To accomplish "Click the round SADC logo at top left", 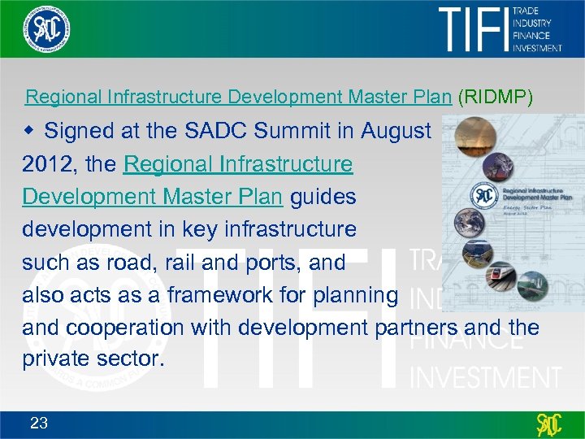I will (x=46, y=28).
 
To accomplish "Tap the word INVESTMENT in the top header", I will (x=537, y=47).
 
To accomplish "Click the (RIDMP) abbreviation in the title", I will (x=496, y=98).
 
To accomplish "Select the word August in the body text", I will (x=396, y=131).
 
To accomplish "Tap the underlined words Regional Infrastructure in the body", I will (x=238, y=164).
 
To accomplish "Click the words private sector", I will (x=93, y=360).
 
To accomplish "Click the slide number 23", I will (x=39, y=422).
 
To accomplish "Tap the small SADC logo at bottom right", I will (x=549, y=424).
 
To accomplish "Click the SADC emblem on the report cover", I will (x=485, y=196).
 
